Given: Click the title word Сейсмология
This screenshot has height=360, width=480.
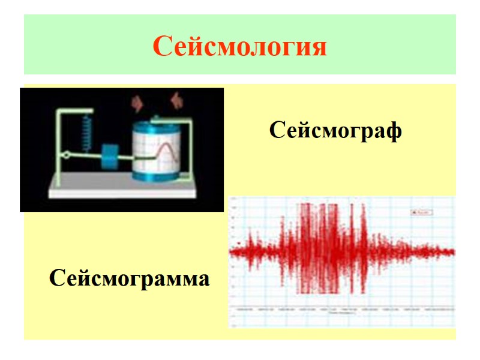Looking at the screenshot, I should point(240,46).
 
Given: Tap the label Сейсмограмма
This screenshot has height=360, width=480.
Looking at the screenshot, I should point(130,278).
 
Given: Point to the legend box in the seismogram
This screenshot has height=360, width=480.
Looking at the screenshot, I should point(422,211).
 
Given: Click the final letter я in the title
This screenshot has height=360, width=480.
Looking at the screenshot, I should point(319,47).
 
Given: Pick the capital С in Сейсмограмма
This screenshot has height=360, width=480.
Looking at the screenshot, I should point(57,278).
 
